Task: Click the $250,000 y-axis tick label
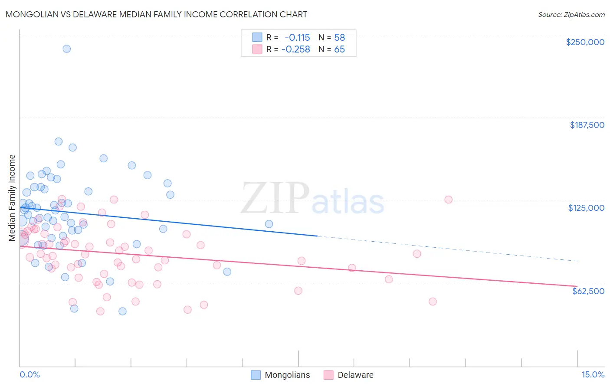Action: click(x=585, y=42)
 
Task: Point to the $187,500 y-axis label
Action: click(x=587, y=125)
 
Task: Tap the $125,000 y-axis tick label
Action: click(x=586, y=208)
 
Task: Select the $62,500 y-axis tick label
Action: click(x=588, y=291)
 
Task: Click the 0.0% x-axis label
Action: click(x=30, y=375)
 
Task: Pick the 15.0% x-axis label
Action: click(x=593, y=375)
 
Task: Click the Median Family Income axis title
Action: click(x=12, y=198)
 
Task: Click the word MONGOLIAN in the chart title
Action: click(x=34, y=14)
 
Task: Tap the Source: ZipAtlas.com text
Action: click(x=571, y=15)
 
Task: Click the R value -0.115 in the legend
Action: click(x=297, y=37)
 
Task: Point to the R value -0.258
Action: click(x=295, y=49)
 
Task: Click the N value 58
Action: click(x=339, y=37)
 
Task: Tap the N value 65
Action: click(x=339, y=49)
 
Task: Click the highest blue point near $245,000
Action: click(x=66, y=49)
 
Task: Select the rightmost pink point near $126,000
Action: click(x=448, y=200)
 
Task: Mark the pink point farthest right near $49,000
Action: click(x=432, y=302)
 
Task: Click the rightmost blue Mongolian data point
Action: click(x=269, y=224)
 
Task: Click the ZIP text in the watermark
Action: click(x=275, y=198)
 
